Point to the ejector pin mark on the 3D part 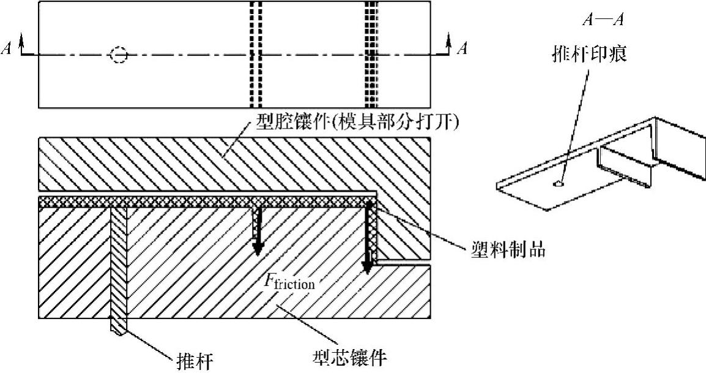click(557, 183)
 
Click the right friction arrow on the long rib click(368, 239)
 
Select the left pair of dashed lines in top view click(256, 55)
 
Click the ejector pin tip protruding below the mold click(119, 326)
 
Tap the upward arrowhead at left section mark click(23, 40)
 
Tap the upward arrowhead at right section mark click(448, 40)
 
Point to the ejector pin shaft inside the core click(119, 263)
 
